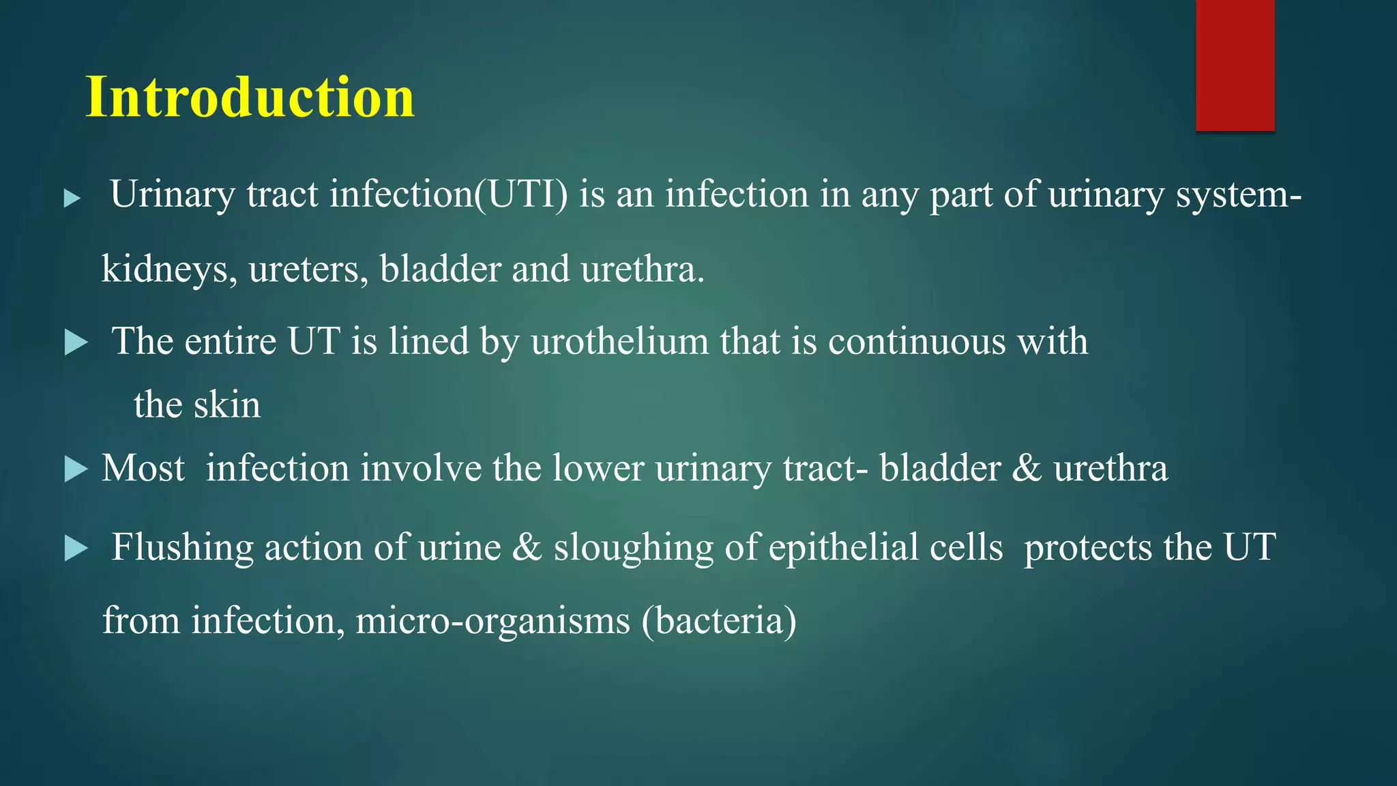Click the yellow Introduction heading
[x=250, y=97]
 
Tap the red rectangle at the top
[x=1235, y=65]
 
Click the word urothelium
[x=619, y=341]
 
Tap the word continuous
[x=917, y=341]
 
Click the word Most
[x=143, y=469]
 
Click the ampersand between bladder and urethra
[x=1027, y=469]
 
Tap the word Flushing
[x=182, y=548]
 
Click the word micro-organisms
[x=492, y=621]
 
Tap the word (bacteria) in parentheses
[x=719, y=621]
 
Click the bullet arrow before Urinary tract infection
[x=72, y=199]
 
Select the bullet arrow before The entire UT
[x=76, y=343]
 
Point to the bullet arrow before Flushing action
[x=76, y=549]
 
